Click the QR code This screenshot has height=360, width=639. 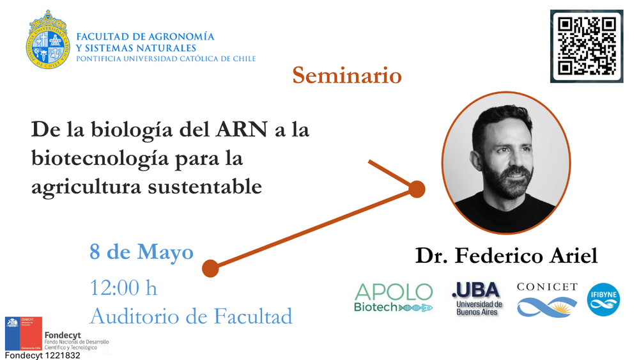click(x=586, y=46)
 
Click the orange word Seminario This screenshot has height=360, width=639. click(x=347, y=75)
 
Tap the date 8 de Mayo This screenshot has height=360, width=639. click(x=141, y=252)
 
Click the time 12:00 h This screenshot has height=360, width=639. click(x=123, y=288)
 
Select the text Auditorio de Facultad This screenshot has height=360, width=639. click(x=190, y=316)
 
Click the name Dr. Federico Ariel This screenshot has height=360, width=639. click(x=506, y=256)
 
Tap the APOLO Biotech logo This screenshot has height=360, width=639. click(x=394, y=298)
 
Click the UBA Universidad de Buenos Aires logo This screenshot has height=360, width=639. click(x=477, y=298)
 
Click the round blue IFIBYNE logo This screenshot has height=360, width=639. click(x=603, y=299)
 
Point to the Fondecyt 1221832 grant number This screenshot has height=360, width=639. click(x=42, y=355)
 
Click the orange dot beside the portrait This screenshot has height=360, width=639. click(x=417, y=189)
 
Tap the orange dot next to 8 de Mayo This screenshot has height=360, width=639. click(x=210, y=269)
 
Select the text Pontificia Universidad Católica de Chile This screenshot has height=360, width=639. click(x=166, y=59)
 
